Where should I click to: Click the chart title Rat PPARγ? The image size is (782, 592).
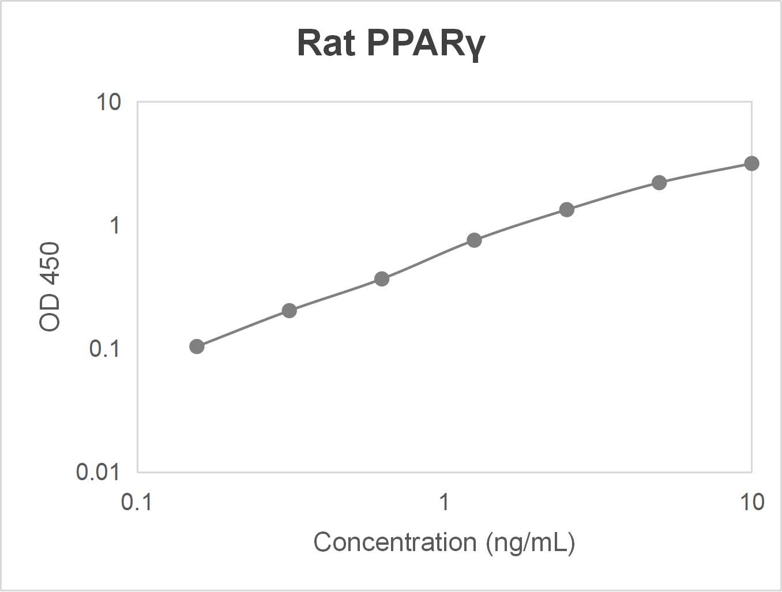pyautogui.click(x=391, y=43)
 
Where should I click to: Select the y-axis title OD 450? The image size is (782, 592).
pyautogui.click(x=50, y=286)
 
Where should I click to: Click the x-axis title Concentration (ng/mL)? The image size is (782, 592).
pyautogui.click(x=444, y=542)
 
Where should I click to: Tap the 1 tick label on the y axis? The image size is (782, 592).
pyautogui.click(x=115, y=225)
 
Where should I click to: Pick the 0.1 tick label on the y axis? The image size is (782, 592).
pyautogui.click(x=104, y=349)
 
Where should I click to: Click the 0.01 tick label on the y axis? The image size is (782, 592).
pyautogui.click(x=97, y=472)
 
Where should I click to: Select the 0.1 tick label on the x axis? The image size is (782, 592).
pyautogui.click(x=137, y=502)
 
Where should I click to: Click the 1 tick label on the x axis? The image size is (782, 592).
pyautogui.click(x=444, y=502)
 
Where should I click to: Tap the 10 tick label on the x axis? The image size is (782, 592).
pyautogui.click(x=751, y=502)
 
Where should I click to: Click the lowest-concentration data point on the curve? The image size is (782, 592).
pyautogui.click(x=197, y=346)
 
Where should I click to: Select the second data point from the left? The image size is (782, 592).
pyautogui.click(x=290, y=311)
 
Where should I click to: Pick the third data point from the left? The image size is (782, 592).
pyautogui.click(x=382, y=279)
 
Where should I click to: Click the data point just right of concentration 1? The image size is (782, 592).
pyautogui.click(x=474, y=240)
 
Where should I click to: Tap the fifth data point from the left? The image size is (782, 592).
pyautogui.click(x=567, y=210)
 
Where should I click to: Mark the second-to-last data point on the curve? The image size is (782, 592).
pyautogui.click(x=659, y=183)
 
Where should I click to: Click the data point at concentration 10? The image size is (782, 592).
pyautogui.click(x=751, y=164)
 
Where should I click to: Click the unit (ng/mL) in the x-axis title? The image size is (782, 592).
pyautogui.click(x=531, y=543)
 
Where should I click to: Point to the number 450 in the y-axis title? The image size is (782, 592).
pyautogui.click(x=50, y=264)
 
